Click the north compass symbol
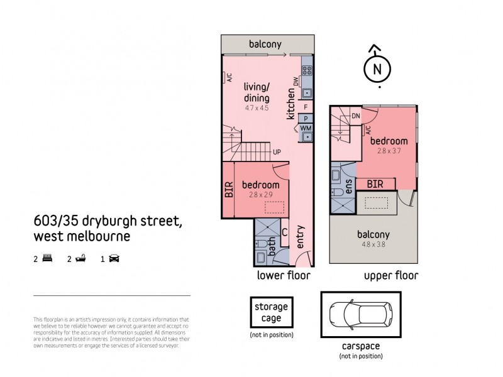point(377,68)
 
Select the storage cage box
point(271,312)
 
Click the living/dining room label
point(257,94)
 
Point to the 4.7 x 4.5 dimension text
point(257,108)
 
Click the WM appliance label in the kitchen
point(306,128)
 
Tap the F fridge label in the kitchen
point(306,107)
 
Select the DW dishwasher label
point(294,81)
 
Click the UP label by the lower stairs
point(276,152)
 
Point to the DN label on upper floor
point(356,116)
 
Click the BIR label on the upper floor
point(375,183)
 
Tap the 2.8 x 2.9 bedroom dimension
point(261,195)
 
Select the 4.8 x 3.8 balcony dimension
point(373,245)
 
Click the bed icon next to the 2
point(47,258)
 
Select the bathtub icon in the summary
point(80,258)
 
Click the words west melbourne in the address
point(82,237)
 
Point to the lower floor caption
point(283,275)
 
